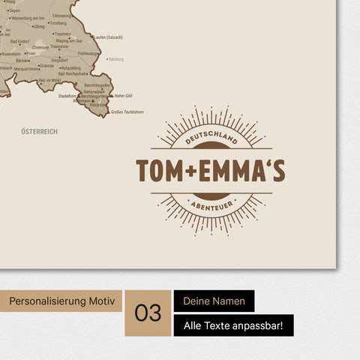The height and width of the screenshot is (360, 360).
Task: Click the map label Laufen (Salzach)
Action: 107,37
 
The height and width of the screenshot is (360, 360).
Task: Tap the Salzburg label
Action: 116,58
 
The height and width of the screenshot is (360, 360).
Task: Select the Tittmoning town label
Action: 62,16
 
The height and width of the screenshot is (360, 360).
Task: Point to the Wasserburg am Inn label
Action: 26,16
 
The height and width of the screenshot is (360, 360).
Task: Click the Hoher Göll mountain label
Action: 123,96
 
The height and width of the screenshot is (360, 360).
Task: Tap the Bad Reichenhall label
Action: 71,74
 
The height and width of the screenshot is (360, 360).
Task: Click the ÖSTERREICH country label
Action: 40,131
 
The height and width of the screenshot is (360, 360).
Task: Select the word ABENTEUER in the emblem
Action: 210,202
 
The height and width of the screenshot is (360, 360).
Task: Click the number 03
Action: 148,313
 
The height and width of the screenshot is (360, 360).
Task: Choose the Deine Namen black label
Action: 214,301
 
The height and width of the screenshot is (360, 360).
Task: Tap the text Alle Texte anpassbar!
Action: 233,325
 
